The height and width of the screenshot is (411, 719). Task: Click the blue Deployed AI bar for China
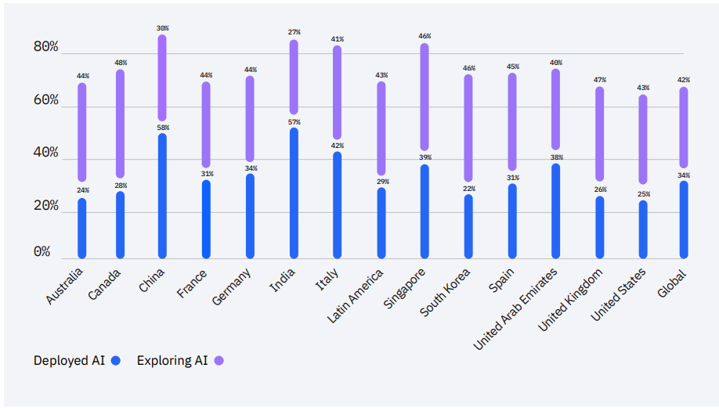coord(162,196)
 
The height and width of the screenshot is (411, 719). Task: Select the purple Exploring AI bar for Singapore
coord(425,97)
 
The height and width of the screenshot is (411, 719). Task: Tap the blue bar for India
coord(294,193)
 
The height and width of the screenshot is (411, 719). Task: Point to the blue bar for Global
coord(684,219)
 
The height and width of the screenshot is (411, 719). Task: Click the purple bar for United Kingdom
coord(600,134)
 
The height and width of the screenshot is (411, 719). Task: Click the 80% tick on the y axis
coord(45,47)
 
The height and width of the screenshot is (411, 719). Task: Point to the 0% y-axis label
coord(42,251)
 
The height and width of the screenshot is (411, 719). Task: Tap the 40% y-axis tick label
coord(45,152)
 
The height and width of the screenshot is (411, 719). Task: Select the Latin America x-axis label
coord(356,297)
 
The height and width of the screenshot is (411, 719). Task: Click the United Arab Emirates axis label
coord(515,308)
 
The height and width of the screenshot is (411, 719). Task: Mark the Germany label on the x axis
coord(232,287)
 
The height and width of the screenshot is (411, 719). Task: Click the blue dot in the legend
coord(116,361)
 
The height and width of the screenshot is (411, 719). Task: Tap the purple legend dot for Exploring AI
coord(219,361)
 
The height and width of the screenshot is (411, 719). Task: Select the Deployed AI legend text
coord(69,361)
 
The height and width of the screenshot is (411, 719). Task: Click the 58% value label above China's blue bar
coord(162,128)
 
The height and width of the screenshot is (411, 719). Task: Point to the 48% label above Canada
coord(120,63)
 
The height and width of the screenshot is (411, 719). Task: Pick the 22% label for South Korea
coord(469,189)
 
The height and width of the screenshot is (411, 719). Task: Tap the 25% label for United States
coord(643,194)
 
